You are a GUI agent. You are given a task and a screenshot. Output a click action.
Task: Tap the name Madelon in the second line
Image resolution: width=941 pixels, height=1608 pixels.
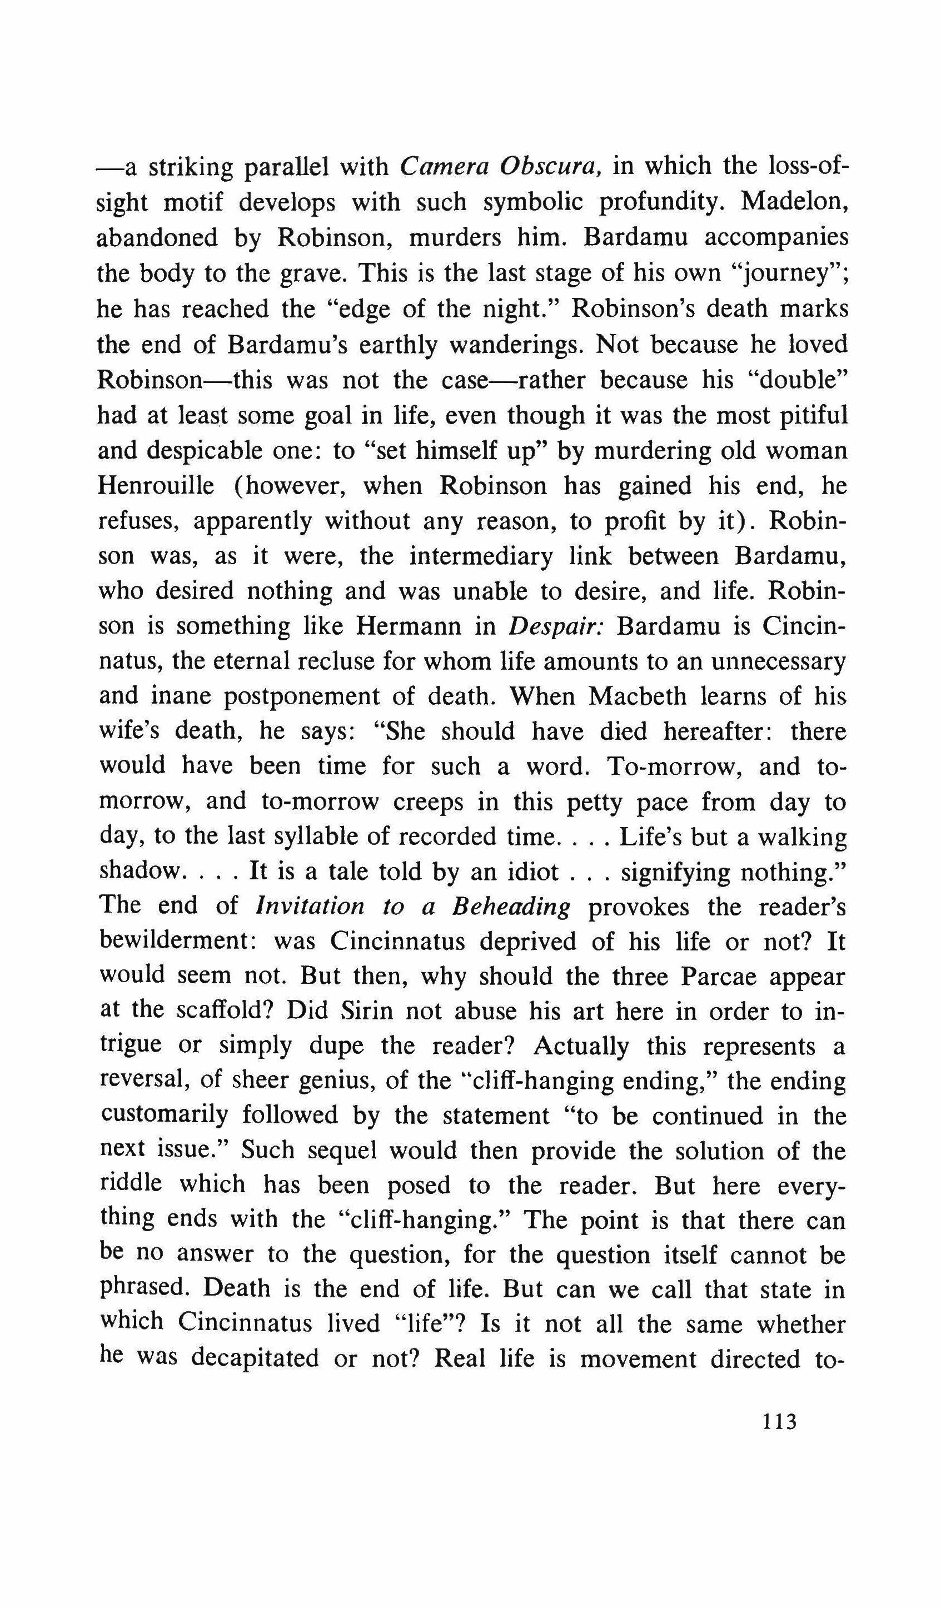tap(794, 202)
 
